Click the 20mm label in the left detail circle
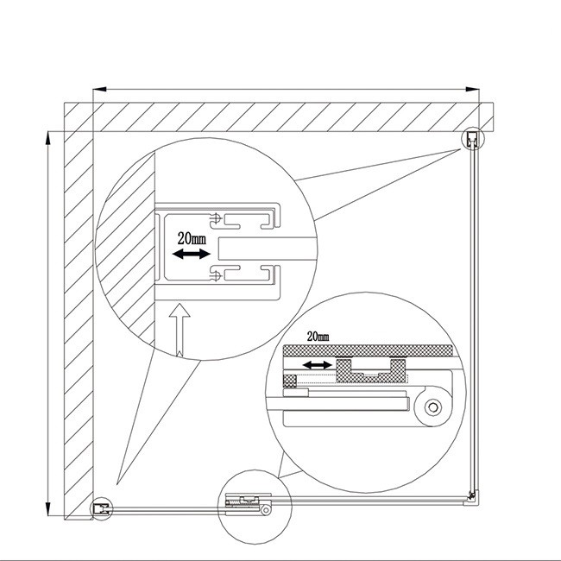[192, 238]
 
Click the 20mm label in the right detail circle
[318, 337]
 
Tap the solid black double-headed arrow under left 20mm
[191, 254]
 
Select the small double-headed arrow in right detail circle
[317, 365]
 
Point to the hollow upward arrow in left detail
[180, 330]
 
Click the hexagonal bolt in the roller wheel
[433, 407]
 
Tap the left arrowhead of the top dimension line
[100, 89]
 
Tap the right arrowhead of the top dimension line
[473, 89]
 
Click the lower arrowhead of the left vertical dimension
[48, 508]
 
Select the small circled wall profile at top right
[473, 138]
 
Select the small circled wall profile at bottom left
[101, 508]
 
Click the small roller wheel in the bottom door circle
[266, 510]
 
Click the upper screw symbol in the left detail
[216, 217]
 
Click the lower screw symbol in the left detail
[216, 275]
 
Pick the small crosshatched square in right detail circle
[290, 381]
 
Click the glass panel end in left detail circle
[267, 249]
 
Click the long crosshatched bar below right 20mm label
[368, 350]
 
